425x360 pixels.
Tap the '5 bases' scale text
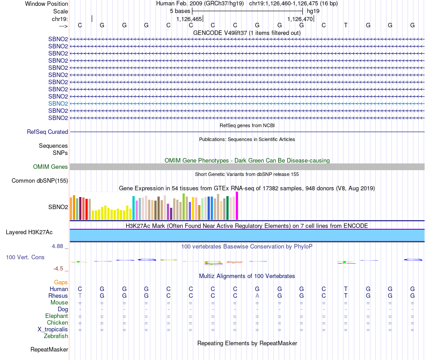point(180,11)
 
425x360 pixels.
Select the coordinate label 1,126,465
point(189,19)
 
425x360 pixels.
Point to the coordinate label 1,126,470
point(300,19)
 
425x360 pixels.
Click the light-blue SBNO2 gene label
point(58,103)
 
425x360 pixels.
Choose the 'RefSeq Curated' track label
point(47,132)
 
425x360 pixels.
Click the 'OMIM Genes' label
point(51,167)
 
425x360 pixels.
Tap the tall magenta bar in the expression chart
point(237,206)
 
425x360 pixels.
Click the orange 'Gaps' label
point(61,283)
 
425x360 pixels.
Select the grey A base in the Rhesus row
point(257,296)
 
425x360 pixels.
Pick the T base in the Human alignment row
point(345,289)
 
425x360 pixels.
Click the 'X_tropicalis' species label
point(53,330)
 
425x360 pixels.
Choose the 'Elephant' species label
point(56,316)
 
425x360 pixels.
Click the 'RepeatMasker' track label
point(49,349)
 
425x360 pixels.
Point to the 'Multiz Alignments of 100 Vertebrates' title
point(247,276)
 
